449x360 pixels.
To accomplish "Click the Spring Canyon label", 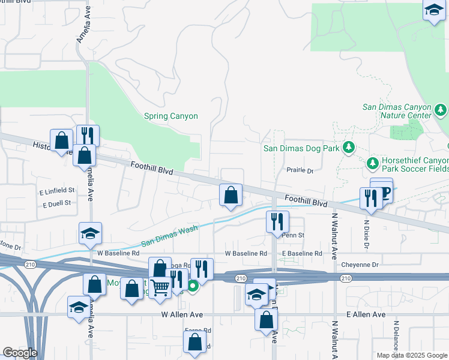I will coord(171,116).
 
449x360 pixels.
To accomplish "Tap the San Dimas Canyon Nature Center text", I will coord(397,111).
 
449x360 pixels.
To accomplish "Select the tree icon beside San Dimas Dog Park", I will coord(348,148).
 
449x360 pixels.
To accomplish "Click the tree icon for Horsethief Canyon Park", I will coord(372,163).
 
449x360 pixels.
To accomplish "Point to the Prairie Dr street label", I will coord(300,171).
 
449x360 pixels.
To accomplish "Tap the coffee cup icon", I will coord(385,191).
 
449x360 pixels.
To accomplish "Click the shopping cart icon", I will coord(160,288).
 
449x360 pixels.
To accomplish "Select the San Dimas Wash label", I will coord(169,236).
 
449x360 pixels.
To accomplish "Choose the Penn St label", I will coord(294,235).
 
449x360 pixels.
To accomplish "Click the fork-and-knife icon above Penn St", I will coord(277,221).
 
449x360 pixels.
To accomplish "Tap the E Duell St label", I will coord(58,205).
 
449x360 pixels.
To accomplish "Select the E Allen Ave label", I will coord(364,314).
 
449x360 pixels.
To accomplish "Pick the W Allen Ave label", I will coord(182,314).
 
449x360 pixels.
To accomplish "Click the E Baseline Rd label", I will coord(302,254).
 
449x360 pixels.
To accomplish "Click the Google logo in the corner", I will coord(19,353).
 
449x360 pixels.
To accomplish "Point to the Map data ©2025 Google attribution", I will coord(412,355).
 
